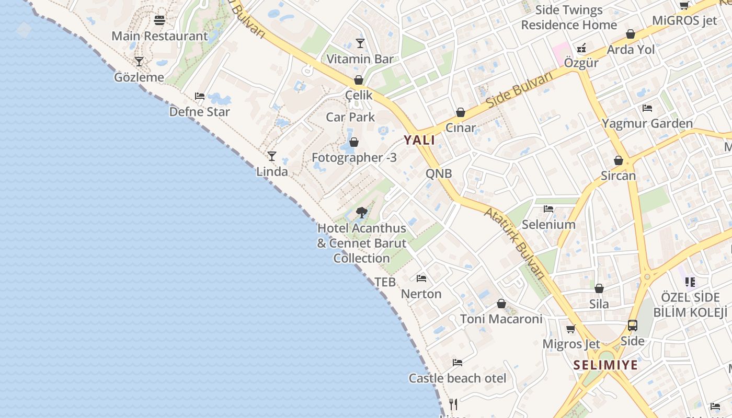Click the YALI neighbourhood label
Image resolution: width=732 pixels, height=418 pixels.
(x=419, y=140)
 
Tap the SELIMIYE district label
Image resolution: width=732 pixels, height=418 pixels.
(x=605, y=365)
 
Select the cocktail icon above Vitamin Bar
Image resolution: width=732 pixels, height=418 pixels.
(x=360, y=43)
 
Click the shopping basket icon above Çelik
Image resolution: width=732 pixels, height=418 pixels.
(x=359, y=80)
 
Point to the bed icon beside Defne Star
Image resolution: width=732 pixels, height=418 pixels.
(x=200, y=96)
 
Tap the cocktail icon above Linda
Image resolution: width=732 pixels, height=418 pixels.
(x=272, y=156)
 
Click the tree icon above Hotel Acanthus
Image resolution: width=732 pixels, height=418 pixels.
(x=361, y=212)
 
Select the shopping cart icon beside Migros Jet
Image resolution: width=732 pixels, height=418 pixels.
(x=571, y=329)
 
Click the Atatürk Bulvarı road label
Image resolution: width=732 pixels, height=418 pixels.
(x=516, y=243)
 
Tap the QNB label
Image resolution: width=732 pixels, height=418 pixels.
(x=439, y=173)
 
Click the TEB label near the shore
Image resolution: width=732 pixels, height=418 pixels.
(x=385, y=282)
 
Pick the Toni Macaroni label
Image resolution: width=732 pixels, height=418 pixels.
(x=501, y=319)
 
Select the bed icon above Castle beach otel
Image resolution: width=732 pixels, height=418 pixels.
(x=458, y=362)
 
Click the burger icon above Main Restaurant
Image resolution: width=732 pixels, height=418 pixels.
(x=159, y=20)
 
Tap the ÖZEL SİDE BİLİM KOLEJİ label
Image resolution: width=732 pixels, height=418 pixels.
(x=690, y=305)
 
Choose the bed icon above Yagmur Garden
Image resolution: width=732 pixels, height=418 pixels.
(x=647, y=108)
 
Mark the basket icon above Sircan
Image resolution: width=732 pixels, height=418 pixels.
(x=619, y=160)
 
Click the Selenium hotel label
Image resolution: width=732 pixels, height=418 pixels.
(x=548, y=225)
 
